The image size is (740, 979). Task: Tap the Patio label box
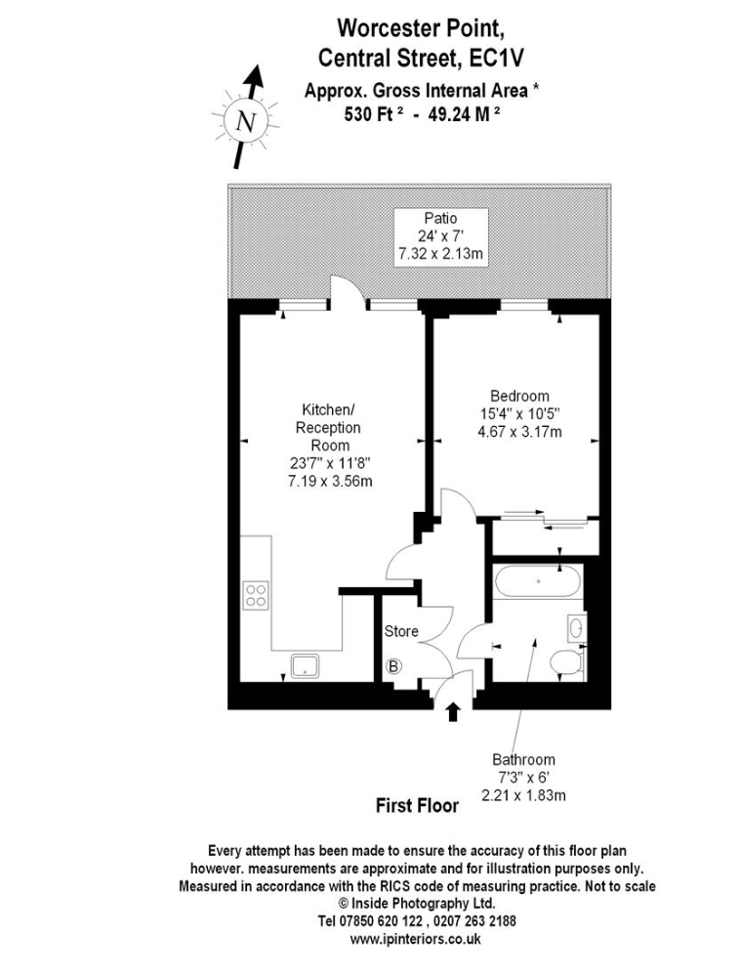pyautogui.click(x=440, y=236)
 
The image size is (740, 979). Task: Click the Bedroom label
pyautogui.click(x=519, y=396)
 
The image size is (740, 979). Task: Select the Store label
pyautogui.click(x=401, y=631)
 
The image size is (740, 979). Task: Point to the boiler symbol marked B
pyautogui.click(x=393, y=666)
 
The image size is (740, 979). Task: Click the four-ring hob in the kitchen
pyautogui.click(x=256, y=595)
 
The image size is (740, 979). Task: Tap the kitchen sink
pyautogui.click(x=306, y=666)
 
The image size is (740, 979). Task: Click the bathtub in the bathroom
pyautogui.click(x=538, y=581)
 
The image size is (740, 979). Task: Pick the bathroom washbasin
pyautogui.click(x=577, y=627)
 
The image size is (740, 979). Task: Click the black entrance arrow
pyautogui.click(x=454, y=712)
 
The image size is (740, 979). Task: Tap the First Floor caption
pyautogui.click(x=417, y=805)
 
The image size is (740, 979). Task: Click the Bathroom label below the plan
pyautogui.click(x=523, y=760)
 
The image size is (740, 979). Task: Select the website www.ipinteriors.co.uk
pyautogui.click(x=416, y=938)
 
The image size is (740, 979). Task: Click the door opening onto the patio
pyautogui.click(x=347, y=292)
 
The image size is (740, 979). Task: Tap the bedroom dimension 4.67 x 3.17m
pyautogui.click(x=519, y=432)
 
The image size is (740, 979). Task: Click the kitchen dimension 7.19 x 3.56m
pyautogui.click(x=330, y=482)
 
